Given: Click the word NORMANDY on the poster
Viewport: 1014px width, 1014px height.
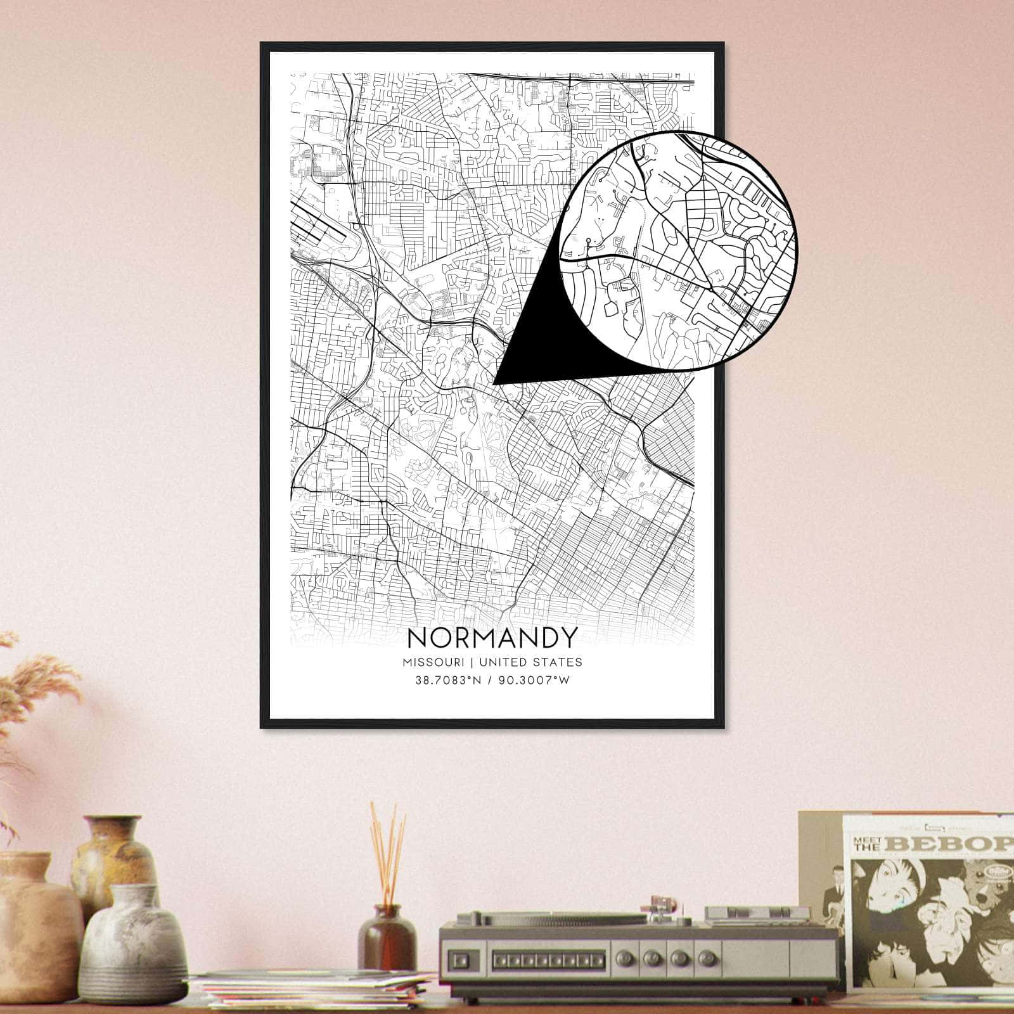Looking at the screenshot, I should pos(492,637).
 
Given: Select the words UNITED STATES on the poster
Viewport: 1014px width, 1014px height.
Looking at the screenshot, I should pos(530,662).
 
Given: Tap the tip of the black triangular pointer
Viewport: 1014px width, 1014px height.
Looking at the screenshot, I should pos(495,383).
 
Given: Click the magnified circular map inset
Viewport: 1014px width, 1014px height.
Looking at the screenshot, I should pos(681,250).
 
